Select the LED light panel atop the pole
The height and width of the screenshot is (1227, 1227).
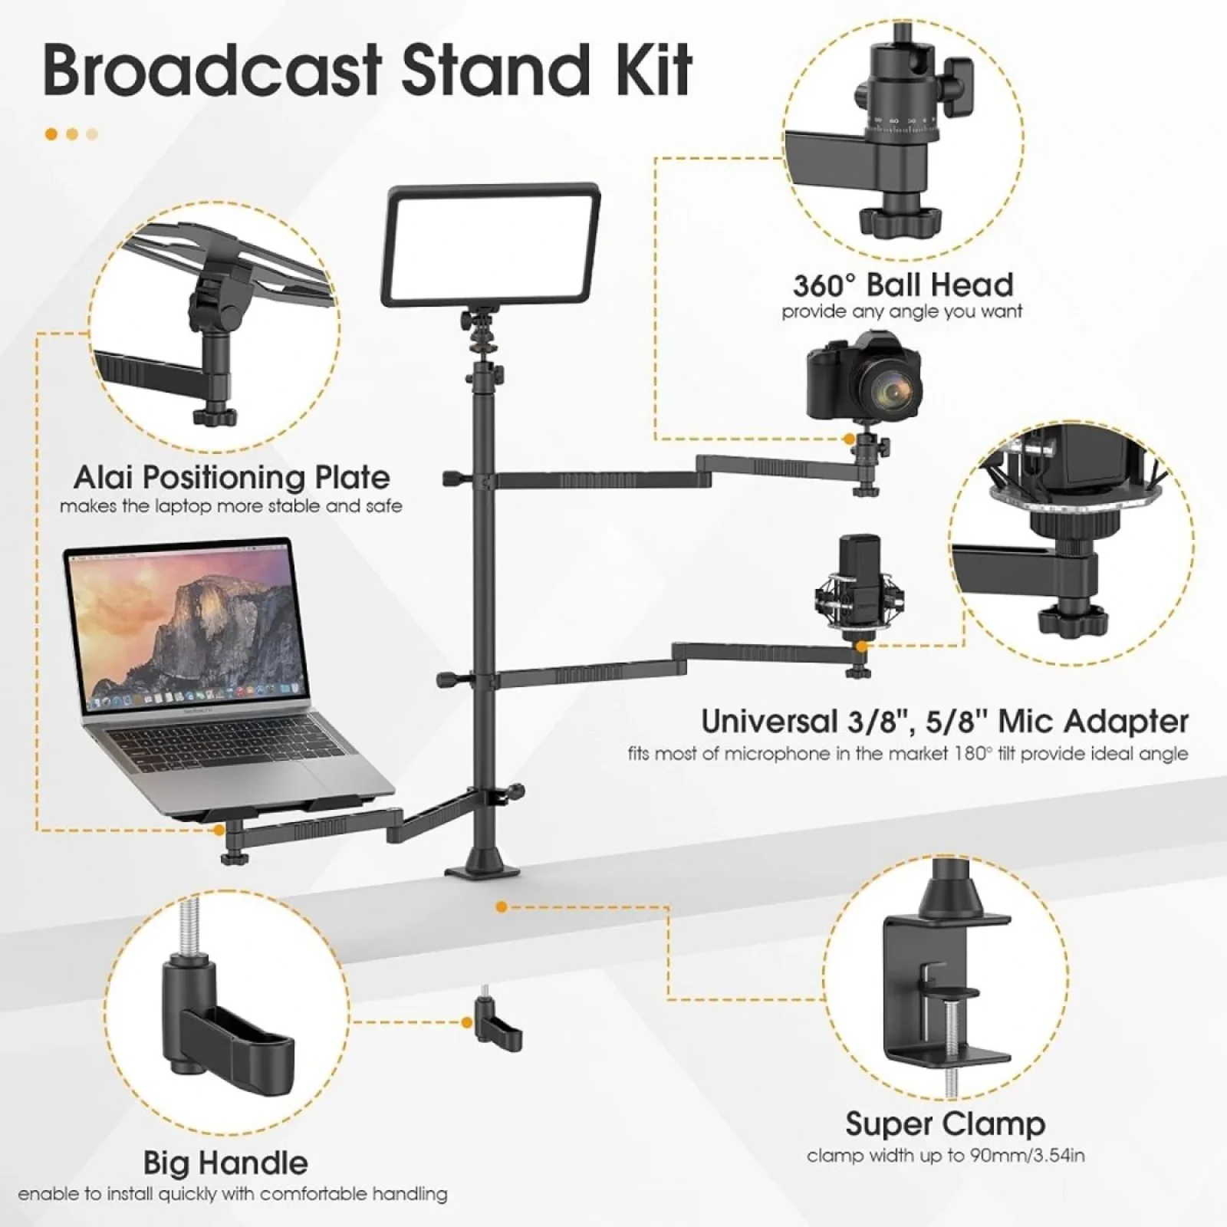click(491, 244)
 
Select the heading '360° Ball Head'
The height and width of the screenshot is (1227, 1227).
click(903, 285)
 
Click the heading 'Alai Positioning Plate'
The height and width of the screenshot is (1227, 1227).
click(232, 477)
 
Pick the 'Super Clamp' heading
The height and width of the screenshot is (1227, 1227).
click(945, 1124)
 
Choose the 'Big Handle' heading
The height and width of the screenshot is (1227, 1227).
click(225, 1163)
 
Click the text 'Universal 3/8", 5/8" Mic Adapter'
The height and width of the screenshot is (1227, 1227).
click(944, 722)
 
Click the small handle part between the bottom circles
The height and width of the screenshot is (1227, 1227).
click(497, 1026)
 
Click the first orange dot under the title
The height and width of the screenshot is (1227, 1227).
click(51, 134)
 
